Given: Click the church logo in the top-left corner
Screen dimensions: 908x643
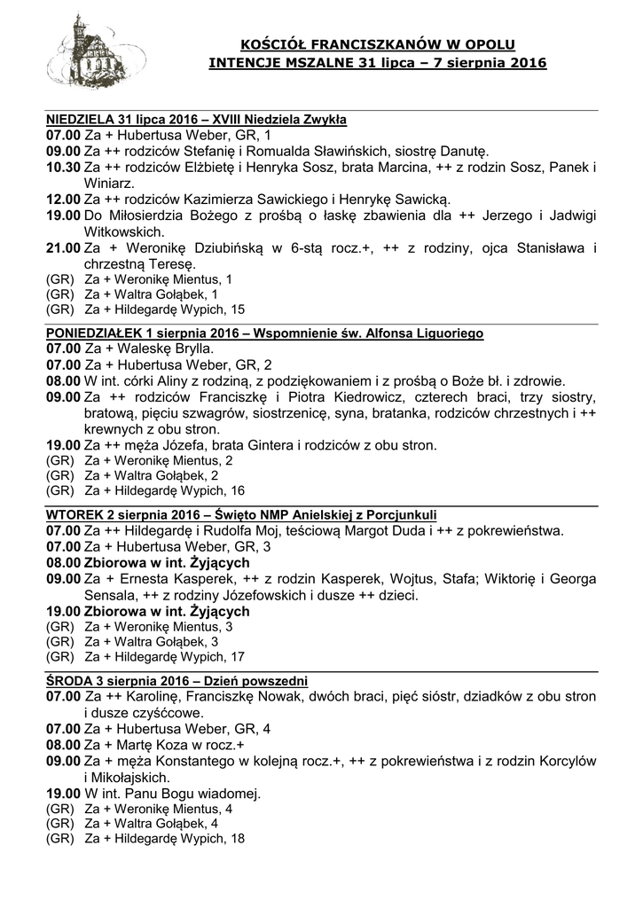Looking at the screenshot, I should coord(85,55).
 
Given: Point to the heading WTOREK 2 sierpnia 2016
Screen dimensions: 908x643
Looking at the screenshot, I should coord(123,515).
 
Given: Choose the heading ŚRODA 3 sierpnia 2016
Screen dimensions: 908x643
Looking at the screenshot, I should coord(115,681).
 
